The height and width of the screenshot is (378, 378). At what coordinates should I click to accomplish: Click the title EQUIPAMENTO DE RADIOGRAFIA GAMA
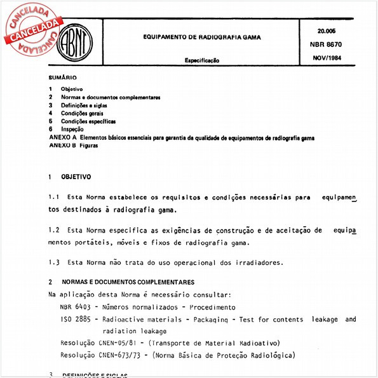tap(201, 37)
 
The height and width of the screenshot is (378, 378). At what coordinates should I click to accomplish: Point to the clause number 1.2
tap(53, 231)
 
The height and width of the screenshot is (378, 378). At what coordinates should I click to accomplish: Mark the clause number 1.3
tap(53, 262)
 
